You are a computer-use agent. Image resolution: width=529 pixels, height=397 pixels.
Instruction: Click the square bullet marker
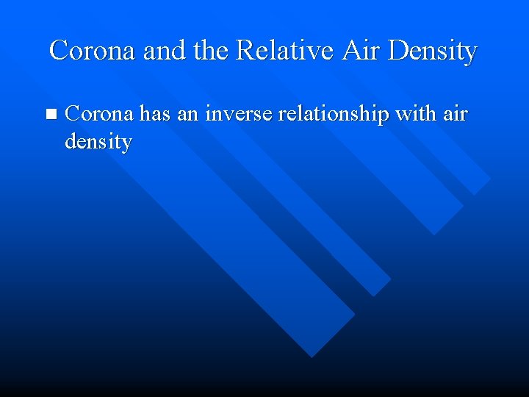(50, 114)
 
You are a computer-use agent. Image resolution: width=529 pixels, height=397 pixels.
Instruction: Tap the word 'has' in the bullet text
(155, 114)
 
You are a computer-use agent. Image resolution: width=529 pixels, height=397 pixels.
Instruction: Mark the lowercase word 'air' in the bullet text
(456, 114)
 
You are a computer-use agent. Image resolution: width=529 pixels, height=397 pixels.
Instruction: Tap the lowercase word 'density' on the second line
(98, 140)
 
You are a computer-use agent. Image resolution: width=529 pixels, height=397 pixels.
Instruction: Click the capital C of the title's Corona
(58, 50)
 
